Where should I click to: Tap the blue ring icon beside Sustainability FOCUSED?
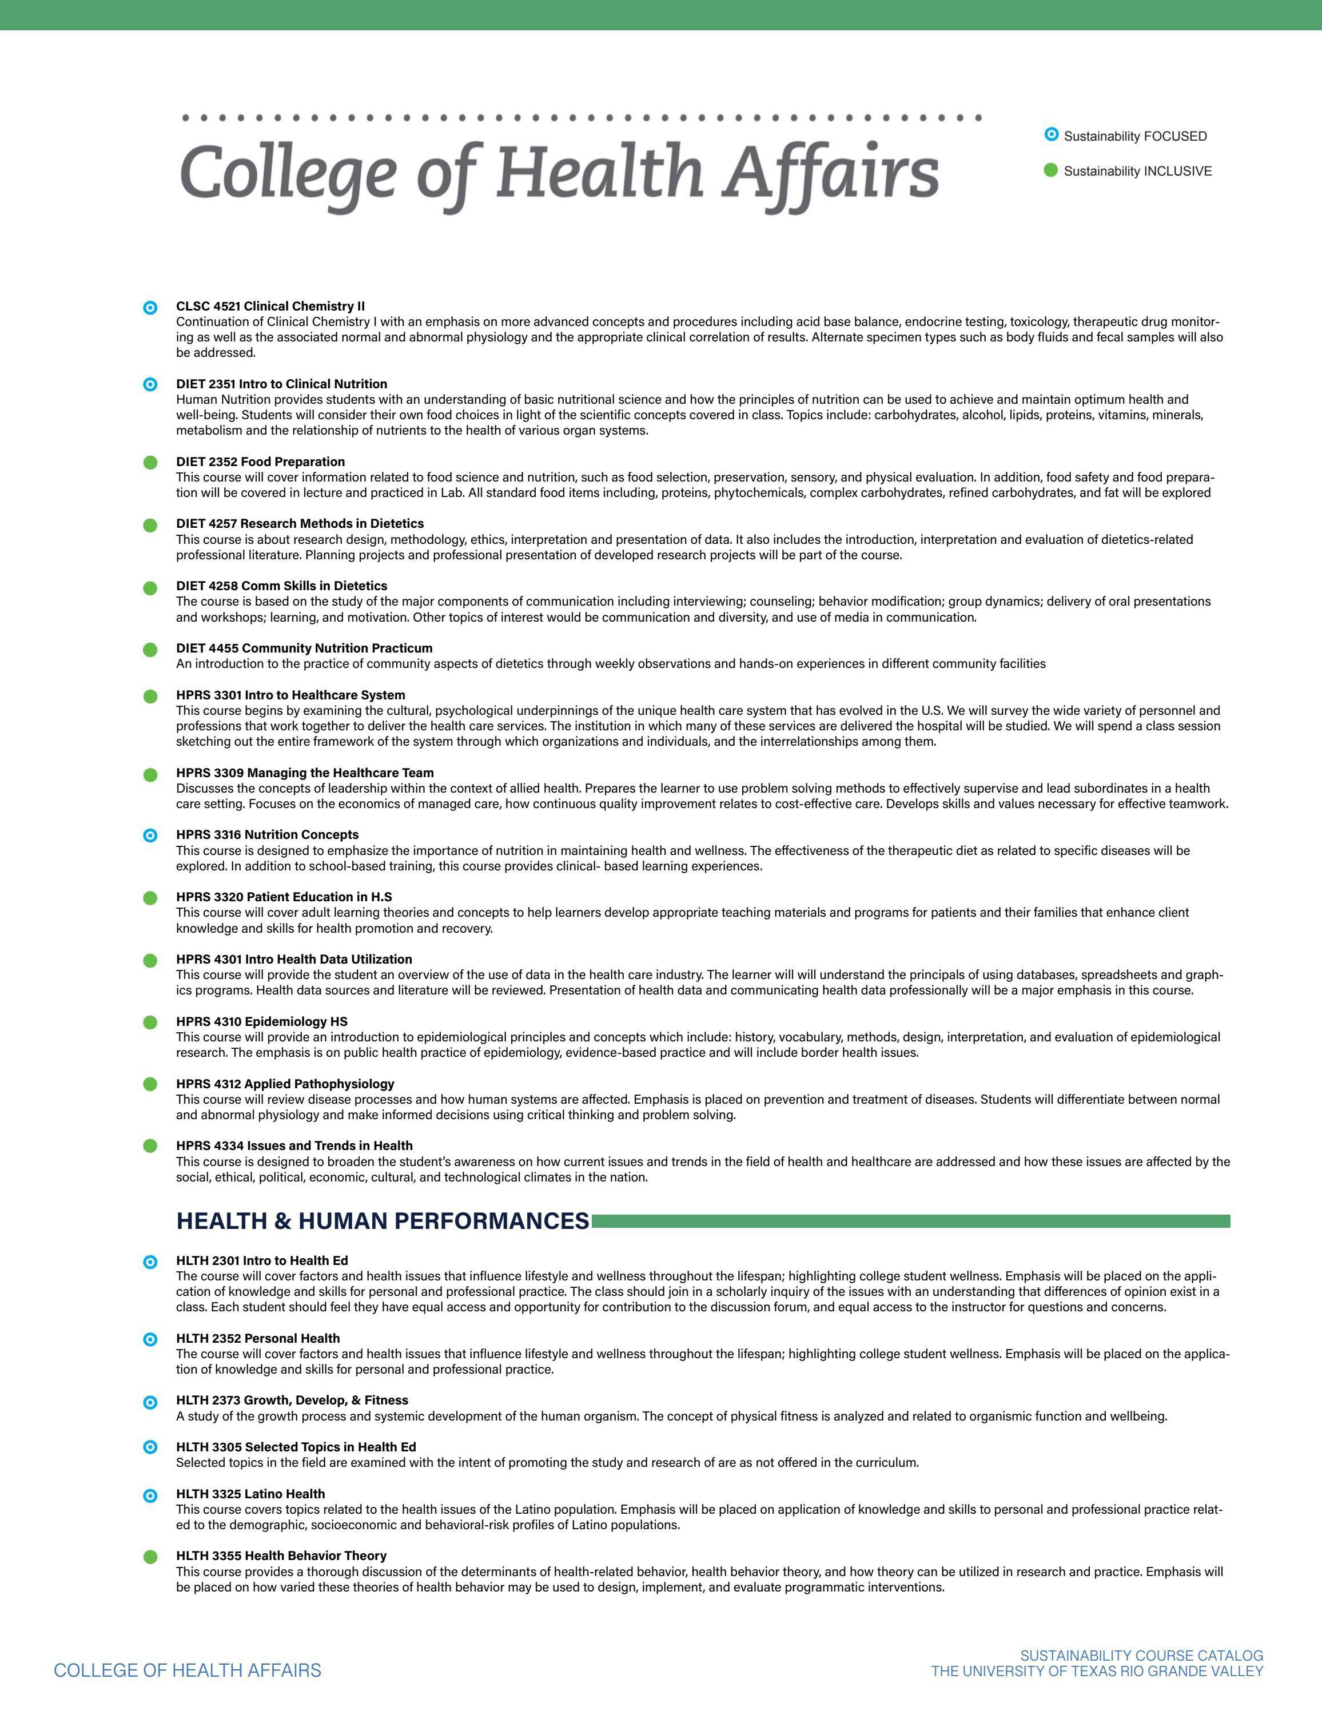pyautogui.click(x=1051, y=135)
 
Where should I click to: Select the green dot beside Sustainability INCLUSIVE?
pyautogui.click(x=1051, y=170)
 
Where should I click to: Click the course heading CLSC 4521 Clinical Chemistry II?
pyautogui.click(x=270, y=305)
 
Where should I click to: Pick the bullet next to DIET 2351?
pyautogui.click(x=150, y=385)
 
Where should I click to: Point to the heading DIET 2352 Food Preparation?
pyautogui.click(x=260, y=461)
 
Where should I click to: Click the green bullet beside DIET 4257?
pyautogui.click(x=150, y=525)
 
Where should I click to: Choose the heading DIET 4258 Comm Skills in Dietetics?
pyautogui.click(x=281, y=586)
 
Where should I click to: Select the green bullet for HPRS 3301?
pyautogui.click(x=150, y=697)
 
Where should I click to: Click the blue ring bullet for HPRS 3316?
pyautogui.click(x=150, y=836)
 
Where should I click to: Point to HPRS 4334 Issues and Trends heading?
pyautogui.click(x=294, y=1145)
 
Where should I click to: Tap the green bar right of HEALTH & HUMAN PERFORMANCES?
pyautogui.click(x=910, y=1221)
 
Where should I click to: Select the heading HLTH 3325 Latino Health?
pyautogui.click(x=250, y=1494)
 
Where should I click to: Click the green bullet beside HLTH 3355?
pyautogui.click(x=150, y=1557)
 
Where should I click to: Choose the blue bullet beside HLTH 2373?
pyautogui.click(x=150, y=1402)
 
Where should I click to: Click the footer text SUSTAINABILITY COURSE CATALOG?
pyautogui.click(x=1141, y=1656)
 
